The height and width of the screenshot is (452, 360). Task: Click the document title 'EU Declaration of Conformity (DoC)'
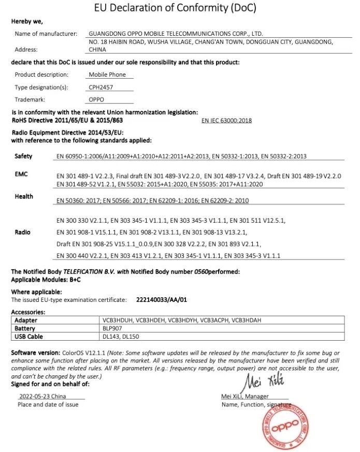[175, 8]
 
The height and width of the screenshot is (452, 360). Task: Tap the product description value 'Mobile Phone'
[104, 75]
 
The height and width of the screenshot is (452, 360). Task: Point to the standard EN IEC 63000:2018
[226, 120]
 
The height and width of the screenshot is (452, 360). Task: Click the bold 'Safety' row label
[23, 156]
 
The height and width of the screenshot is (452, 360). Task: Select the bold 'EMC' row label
[21, 175]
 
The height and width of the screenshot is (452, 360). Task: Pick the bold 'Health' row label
[24, 197]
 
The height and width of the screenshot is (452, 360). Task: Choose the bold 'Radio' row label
[23, 232]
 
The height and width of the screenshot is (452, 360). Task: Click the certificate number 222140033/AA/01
[161, 300]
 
